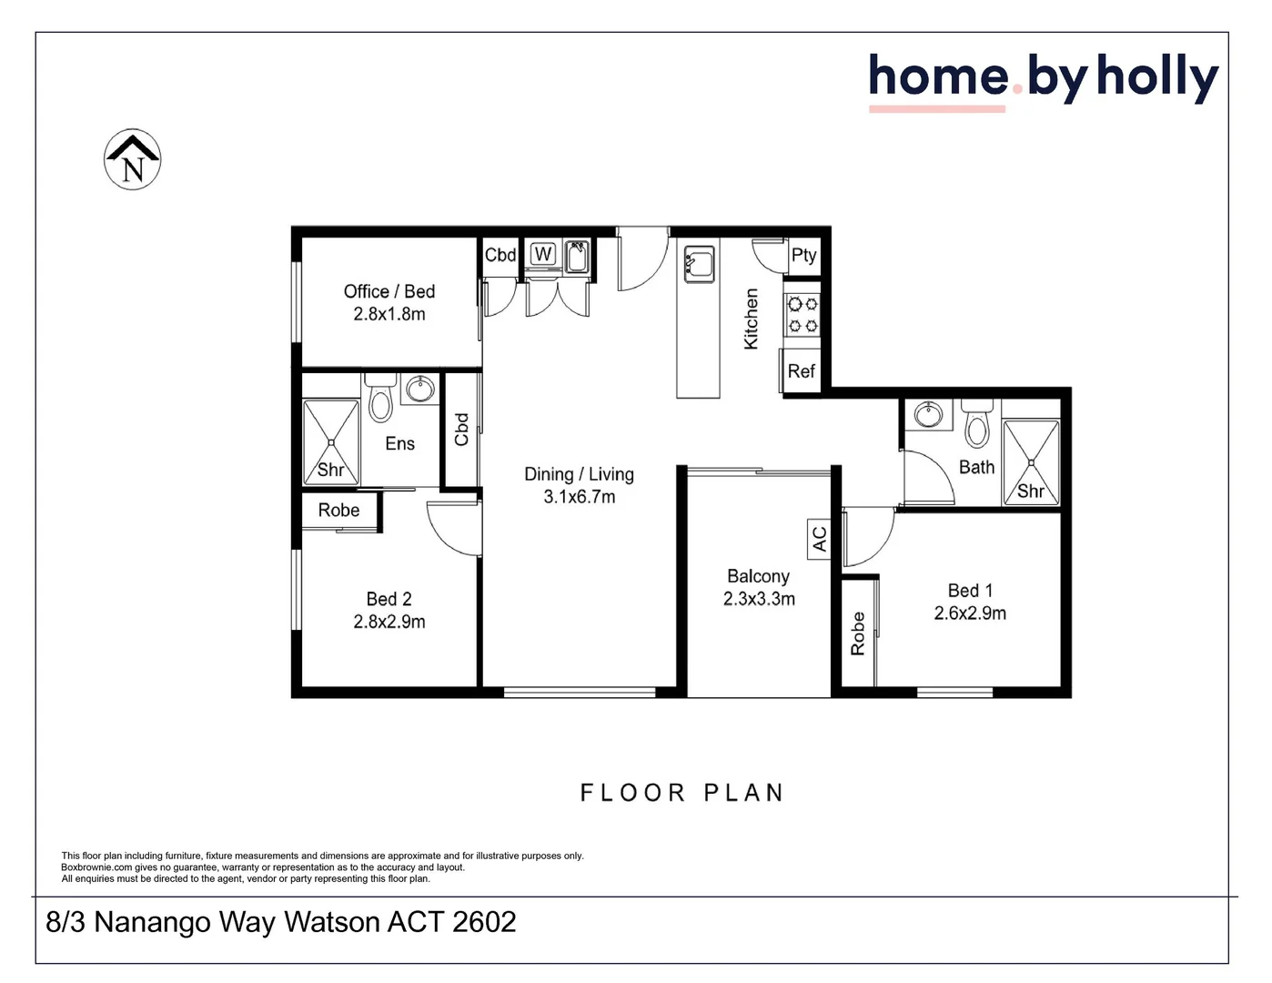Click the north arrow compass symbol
click(132, 159)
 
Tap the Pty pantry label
click(803, 256)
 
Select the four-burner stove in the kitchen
click(803, 315)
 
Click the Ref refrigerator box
click(801, 371)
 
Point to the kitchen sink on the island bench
click(699, 264)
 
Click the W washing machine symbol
click(542, 254)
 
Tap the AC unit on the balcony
click(819, 539)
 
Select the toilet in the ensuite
click(380, 398)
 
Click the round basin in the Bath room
click(928, 415)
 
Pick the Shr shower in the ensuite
click(330, 442)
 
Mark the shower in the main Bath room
click(1031, 462)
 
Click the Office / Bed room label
click(389, 291)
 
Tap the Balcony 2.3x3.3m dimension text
click(759, 599)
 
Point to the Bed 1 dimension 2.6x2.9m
click(970, 613)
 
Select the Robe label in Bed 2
click(338, 510)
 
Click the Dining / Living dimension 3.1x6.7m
click(579, 497)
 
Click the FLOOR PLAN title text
click(682, 793)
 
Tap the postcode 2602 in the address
click(484, 922)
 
